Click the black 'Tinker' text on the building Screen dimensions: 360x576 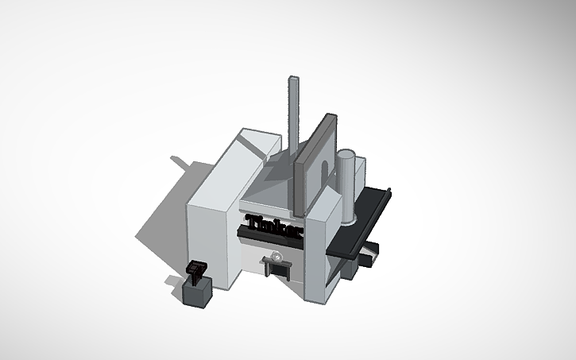click(x=274, y=227)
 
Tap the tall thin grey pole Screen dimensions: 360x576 click(x=292, y=119)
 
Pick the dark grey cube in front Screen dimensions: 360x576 click(x=197, y=292)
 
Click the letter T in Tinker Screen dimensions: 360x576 click(x=253, y=222)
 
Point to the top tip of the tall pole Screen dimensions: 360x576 click(x=292, y=79)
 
